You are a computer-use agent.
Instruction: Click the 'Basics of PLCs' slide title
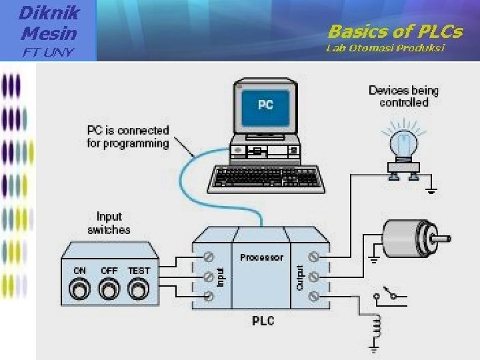point(395,31)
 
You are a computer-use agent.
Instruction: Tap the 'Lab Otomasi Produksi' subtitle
point(385,48)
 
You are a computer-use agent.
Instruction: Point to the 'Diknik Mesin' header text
point(49,22)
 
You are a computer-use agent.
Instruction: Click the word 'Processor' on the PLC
point(261,257)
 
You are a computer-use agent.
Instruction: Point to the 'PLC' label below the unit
point(263,321)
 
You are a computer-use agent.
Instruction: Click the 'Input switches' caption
point(109,223)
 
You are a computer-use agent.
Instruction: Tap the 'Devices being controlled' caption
point(404,97)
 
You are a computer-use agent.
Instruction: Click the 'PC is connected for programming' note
point(128,137)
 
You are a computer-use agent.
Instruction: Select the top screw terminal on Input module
point(209,255)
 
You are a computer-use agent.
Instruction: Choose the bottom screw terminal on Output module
point(313,296)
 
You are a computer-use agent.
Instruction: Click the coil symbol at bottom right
point(377,328)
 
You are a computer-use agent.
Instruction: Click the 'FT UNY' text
point(49,53)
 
